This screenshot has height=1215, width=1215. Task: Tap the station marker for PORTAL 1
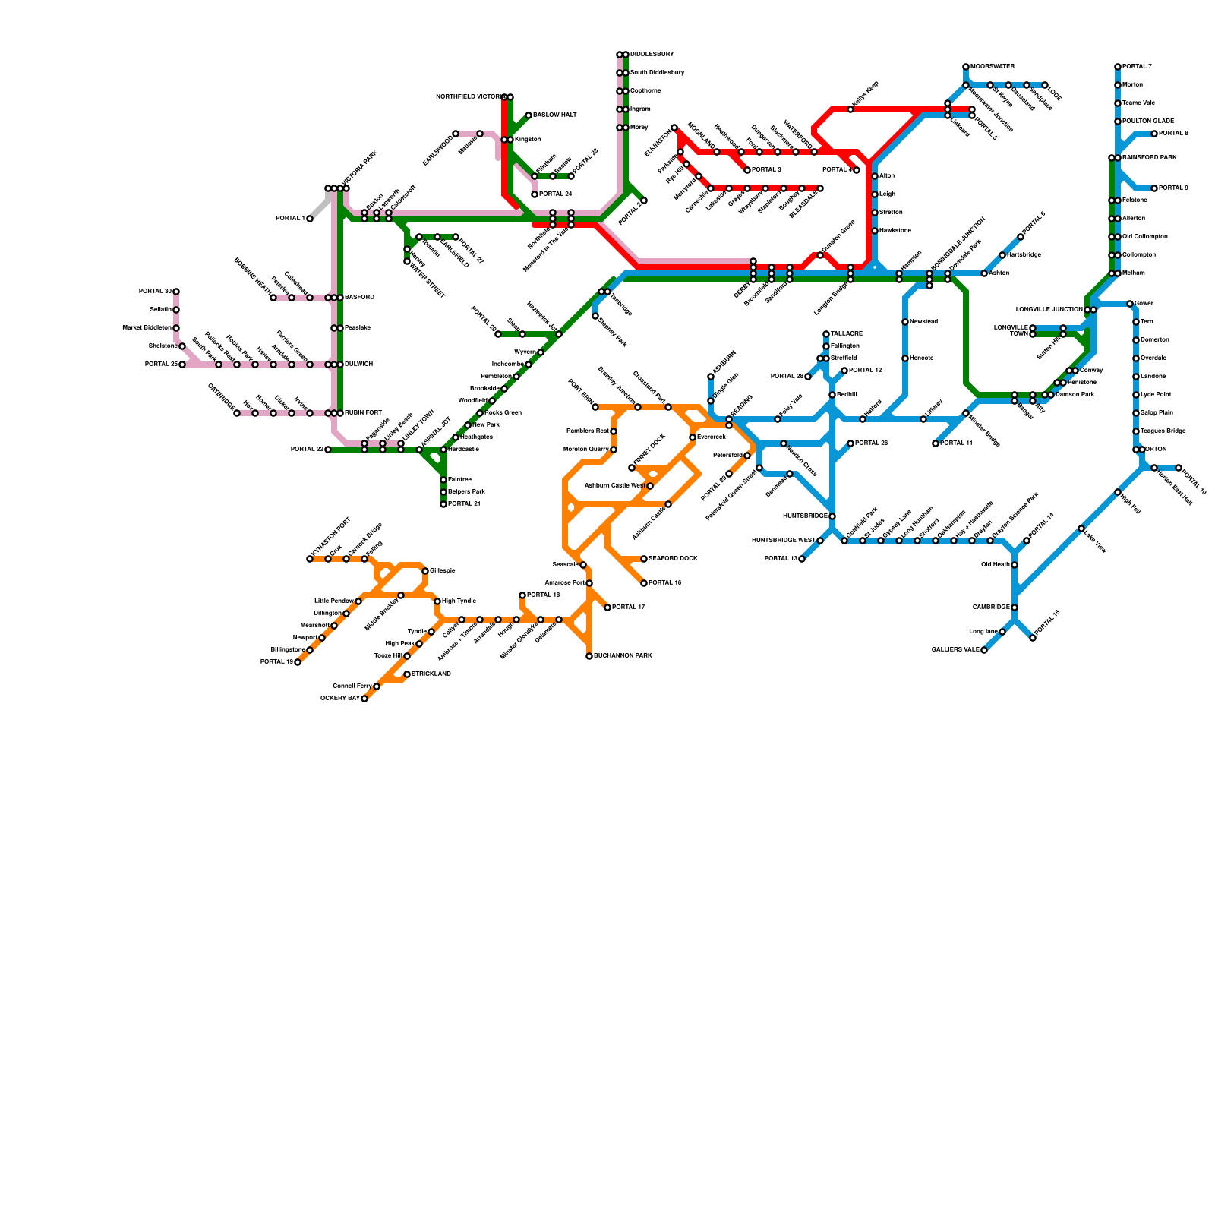click(x=310, y=219)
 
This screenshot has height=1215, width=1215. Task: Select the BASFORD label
click(x=359, y=298)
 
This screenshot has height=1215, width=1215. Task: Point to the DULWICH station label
click(x=358, y=364)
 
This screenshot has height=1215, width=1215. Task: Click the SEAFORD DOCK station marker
click(x=644, y=559)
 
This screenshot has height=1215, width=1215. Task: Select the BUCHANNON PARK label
click(x=623, y=656)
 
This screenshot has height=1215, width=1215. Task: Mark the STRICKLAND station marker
click(x=407, y=674)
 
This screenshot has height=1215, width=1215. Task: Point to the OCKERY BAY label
click(x=339, y=699)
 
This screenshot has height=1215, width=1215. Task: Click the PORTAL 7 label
click(x=1137, y=67)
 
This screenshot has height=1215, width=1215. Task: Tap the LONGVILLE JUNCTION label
click(x=1049, y=310)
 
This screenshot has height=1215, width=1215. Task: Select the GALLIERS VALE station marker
click(x=984, y=650)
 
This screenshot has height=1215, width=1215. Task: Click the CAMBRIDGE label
click(x=991, y=607)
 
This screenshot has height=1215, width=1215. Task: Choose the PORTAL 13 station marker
click(x=802, y=559)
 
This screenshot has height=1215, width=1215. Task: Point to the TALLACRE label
click(x=847, y=334)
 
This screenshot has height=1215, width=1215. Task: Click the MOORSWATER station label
click(x=993, y=67)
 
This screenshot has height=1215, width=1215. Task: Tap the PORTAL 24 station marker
click(x=535, y=194)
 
